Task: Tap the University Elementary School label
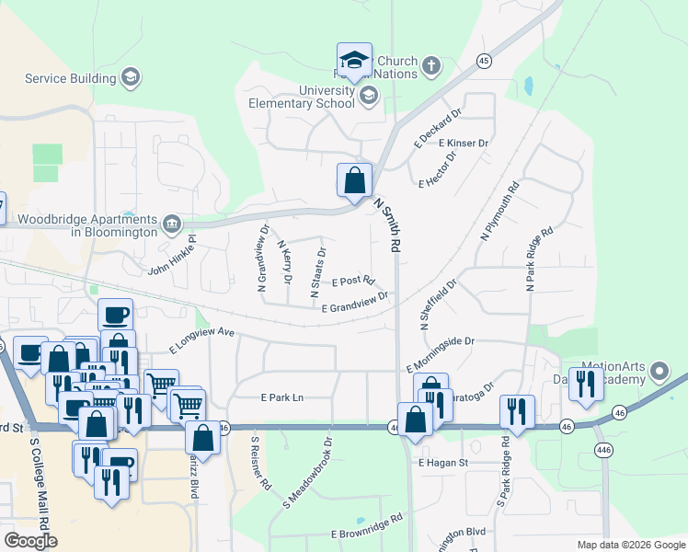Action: point(301,97)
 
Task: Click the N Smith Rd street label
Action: point(387,225)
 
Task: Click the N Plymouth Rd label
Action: point(499,211)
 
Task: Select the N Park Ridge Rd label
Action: point(540,259)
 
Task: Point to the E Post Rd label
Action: point(353,280)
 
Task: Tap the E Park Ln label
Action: point(281,398)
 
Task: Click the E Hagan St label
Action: point(443,463)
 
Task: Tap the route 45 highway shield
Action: point(483,61)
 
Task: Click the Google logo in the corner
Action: point(30,541)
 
